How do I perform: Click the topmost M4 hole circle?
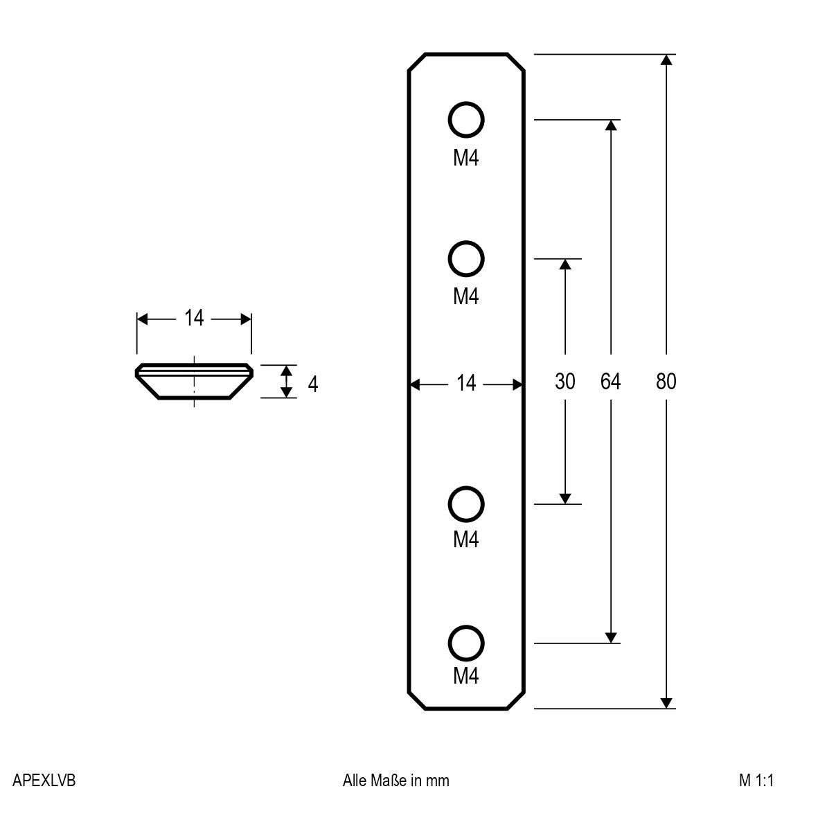(466, 121)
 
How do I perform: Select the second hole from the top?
(466, 260)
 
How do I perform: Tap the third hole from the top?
(466, 504)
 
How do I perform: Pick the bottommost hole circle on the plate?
(466, 643)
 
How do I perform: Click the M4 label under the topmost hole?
(466, 159)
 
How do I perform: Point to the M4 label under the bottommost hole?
(466, 675)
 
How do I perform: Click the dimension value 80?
(666, 381)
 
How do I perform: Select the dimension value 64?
(610, 381)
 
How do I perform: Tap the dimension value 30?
(565, 381)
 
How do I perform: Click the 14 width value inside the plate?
(466, 382)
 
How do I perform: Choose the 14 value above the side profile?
(194, 318)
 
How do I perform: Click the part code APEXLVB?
(44, 781)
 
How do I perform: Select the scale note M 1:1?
(756, 781)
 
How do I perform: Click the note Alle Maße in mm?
(396, 781)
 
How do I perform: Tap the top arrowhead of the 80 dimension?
(666, 60)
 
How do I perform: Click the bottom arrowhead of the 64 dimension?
(610, 637)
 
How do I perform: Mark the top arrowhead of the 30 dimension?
(565, 265)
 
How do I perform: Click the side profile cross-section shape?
(194, 381)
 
